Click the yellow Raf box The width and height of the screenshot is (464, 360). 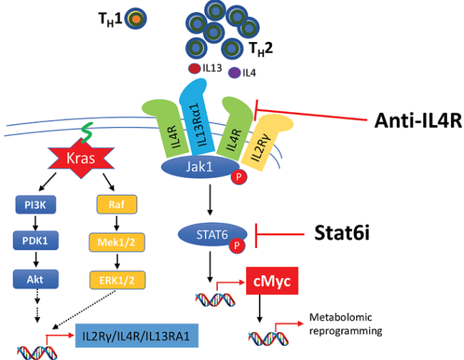(114, 204)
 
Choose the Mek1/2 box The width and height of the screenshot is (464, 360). (114, 241)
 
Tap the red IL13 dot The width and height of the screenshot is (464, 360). (194, 69)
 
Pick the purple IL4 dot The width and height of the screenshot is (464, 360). (233, 72)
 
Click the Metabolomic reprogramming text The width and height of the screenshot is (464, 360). (341, 324)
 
